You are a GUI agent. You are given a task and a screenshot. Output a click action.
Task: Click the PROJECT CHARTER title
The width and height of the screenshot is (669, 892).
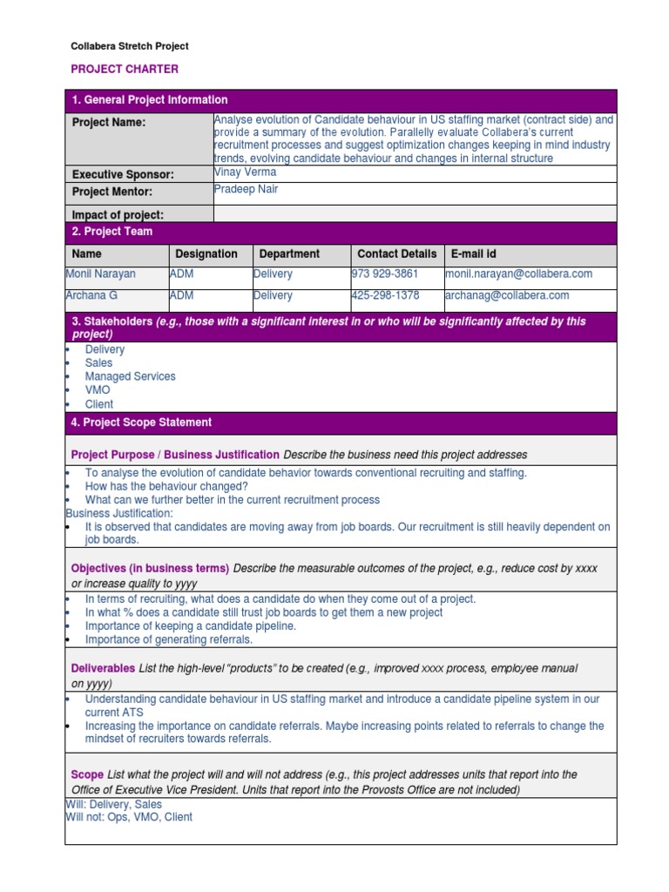(125, 69)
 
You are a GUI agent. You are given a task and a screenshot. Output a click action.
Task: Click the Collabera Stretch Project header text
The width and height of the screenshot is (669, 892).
(129, 46)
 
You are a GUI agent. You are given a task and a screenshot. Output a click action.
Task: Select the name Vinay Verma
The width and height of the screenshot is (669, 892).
(245, 172)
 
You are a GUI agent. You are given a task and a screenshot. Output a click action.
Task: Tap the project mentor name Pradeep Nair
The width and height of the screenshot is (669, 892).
(246, 189)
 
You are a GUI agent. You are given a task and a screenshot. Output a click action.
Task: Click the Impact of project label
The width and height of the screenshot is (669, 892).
(118, 214)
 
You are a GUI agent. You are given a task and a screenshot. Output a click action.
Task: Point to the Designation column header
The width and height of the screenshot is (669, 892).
(206, 253)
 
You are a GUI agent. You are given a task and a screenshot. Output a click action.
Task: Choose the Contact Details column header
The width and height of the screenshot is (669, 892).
(397, 253)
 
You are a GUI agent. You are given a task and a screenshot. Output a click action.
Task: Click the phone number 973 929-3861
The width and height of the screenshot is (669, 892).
(384, 274)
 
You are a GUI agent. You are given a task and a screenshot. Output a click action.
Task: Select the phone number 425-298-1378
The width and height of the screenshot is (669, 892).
(385, 295)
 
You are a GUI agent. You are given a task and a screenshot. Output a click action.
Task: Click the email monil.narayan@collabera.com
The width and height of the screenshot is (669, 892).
(518, 274)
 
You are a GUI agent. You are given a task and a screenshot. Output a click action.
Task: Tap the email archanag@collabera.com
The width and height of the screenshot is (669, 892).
(507, 295)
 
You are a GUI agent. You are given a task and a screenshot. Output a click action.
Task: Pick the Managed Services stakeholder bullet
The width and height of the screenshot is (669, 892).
(130, 376)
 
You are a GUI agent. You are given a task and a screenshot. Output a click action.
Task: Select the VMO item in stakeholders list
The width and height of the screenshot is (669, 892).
(98, 390)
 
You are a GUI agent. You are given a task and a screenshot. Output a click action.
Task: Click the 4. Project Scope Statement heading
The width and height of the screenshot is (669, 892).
(141, 422)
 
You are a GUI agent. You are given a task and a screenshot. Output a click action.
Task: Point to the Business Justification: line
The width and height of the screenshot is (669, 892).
(119, 513)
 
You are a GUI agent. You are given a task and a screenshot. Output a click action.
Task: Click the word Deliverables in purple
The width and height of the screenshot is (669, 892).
(103, 668)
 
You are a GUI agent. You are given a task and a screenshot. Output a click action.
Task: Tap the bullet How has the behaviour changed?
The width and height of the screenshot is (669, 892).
(166, 486)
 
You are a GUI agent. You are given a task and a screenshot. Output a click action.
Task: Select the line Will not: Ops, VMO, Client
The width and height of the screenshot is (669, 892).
(129, 817)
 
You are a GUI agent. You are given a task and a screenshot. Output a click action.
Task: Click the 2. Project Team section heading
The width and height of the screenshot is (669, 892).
(112, 232)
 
